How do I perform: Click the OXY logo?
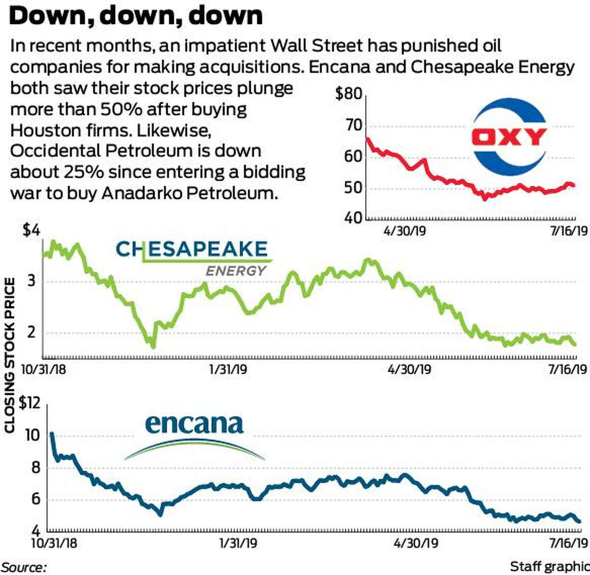click(x=509, y=137)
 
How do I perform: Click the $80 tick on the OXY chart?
click(x=348, y=94)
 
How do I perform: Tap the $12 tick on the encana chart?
click(x=29, y=404)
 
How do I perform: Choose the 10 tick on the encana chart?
click(x=31, y=436)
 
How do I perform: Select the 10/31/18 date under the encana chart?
click(x=54, y=543)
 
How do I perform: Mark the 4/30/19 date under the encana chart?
click(x=416, y=543)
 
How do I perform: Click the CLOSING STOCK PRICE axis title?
click(x=9, y=355)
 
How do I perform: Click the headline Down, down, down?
click(x=136, y=16)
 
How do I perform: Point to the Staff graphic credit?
click(x=549, y=567)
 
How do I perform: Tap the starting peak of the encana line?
click(x=52, y=434)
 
